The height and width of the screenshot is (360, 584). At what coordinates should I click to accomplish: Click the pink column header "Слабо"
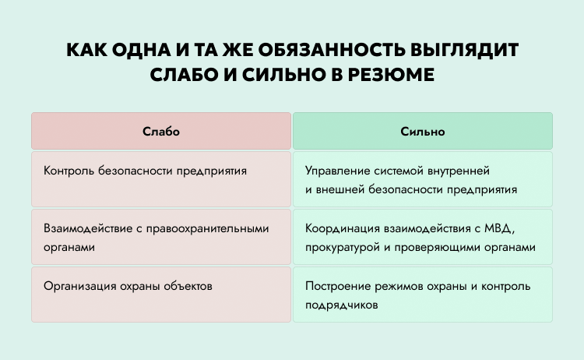[x=161, y=131]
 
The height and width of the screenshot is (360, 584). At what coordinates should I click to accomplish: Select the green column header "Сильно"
[x=423, y=131]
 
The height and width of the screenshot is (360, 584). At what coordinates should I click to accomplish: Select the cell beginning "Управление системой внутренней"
[x=423, y=179]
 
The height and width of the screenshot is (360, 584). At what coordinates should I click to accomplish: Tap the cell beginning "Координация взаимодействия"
[x=423, y=237]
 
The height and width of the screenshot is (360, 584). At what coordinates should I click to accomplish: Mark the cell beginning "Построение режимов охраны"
[x=423, y=295]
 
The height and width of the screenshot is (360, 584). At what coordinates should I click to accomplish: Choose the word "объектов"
[x=188, y=286]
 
